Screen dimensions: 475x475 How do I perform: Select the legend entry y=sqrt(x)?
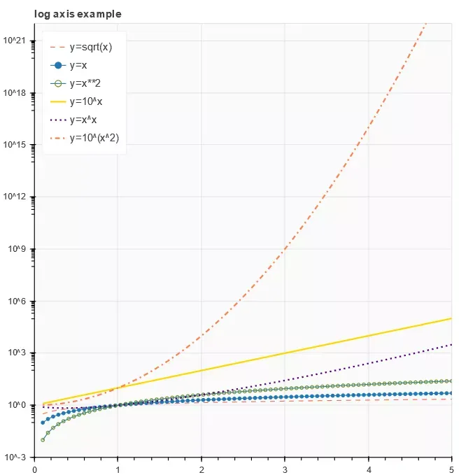90,48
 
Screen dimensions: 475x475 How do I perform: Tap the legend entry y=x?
78,66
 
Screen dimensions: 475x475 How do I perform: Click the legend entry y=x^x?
83,120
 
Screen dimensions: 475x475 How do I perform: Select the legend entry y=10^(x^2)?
94,138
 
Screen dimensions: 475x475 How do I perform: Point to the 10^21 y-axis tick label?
15,41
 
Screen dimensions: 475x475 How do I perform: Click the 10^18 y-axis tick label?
15,92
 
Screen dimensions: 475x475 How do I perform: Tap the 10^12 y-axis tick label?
15,197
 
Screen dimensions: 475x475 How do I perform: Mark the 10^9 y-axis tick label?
17,249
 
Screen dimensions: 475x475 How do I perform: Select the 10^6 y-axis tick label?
17,302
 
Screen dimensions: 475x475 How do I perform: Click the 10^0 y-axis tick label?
17,406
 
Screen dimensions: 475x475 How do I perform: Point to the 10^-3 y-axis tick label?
16,458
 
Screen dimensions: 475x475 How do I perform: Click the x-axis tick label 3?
285,469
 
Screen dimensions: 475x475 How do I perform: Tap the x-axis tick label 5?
451,469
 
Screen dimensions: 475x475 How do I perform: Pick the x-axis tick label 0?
35,469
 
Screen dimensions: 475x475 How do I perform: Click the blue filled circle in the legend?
59,66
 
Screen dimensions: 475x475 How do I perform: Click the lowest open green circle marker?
43,440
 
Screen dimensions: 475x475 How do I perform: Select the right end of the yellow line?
451,318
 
